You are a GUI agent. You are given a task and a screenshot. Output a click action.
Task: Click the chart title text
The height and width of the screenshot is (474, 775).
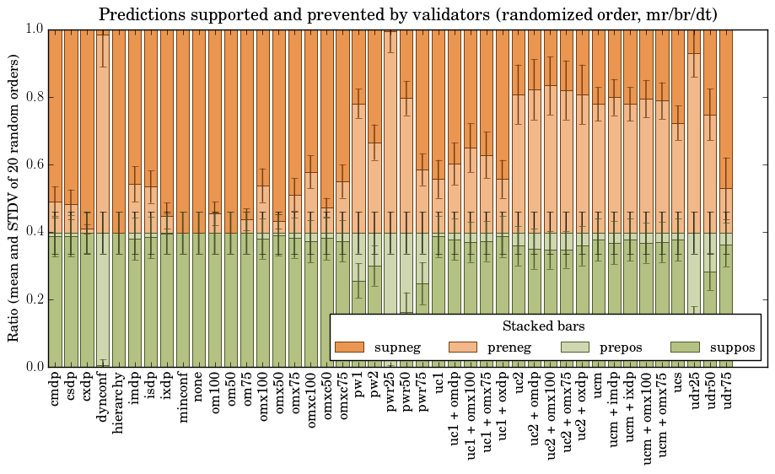pos(408,14)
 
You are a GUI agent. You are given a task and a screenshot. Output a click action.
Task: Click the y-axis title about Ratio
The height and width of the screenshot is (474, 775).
pos(14,197)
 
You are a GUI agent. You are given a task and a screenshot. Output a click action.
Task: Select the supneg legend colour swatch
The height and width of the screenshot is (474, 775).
pos(349,347)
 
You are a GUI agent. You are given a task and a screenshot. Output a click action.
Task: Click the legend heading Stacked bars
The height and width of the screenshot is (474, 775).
pos(544,326)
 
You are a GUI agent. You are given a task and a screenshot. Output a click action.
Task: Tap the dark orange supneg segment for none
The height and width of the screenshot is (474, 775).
pos(199,127)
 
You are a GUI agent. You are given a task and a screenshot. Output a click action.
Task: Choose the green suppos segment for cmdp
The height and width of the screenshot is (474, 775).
pos(55,304)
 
